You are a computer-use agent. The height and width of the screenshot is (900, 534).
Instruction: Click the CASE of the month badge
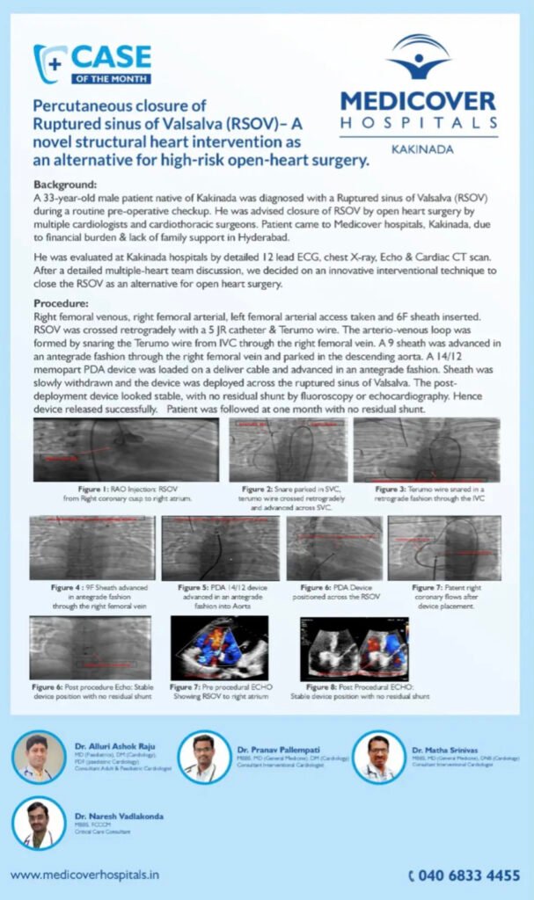pyautogui.click(x=92, y=64)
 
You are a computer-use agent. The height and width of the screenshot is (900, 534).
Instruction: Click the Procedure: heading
pyautogui.click(x=63, y=302)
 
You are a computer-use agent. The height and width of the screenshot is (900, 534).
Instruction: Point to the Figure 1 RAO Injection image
pyautogui.click(x=126, y=450)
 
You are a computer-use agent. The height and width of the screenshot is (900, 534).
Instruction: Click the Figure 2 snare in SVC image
pyautogui.click(x=288, y=449)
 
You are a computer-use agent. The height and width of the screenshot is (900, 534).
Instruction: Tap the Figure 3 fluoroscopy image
pyautogui.click(x=426, y=449)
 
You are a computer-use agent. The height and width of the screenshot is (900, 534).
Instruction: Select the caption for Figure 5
pyautogui.click(x=220, y=596)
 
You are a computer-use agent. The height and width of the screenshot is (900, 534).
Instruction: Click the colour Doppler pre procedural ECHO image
pyautogui.click(x=219, y=647)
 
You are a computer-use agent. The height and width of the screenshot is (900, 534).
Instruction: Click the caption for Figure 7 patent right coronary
pyautogui.click(x=443, y=596)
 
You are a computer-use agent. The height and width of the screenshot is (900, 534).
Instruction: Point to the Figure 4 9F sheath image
pyautogui.click(x=91, y=548)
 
